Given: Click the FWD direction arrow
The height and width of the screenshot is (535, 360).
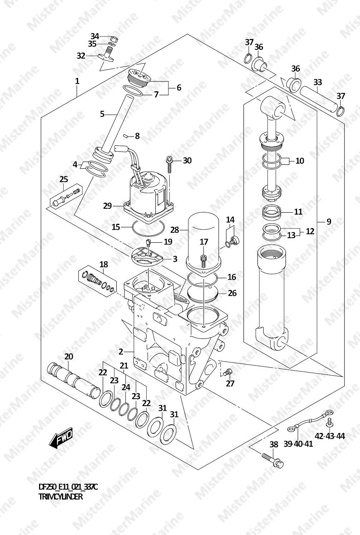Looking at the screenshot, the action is coord(61,437).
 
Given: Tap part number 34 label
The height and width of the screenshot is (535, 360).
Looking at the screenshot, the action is coord(95,36).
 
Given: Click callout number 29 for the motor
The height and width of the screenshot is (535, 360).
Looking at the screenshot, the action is coord(107,206).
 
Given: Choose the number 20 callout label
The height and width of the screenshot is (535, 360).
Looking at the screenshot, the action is coord(68,357).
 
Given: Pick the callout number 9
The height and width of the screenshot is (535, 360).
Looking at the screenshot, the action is coord(329,222).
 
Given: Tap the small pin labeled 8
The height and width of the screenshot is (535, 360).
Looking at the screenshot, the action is coord(125,136).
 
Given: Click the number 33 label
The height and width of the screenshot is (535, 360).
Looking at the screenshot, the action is coord(317,82).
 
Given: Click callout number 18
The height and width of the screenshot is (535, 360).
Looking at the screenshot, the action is coord(104,264).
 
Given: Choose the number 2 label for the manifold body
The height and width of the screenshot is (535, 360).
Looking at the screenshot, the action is coord(121,352).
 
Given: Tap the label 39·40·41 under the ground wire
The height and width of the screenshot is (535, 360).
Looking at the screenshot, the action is coord(298,444).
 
